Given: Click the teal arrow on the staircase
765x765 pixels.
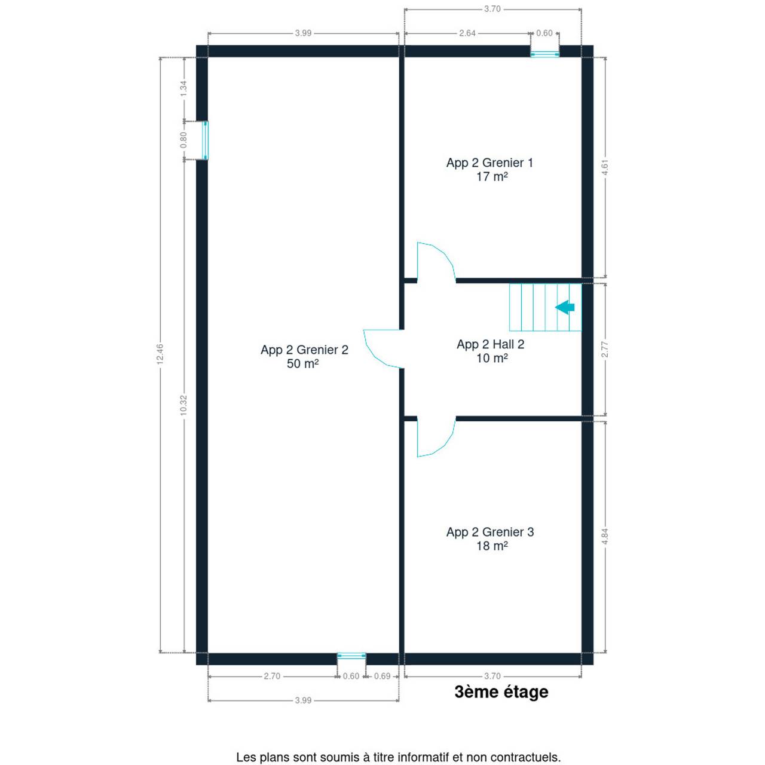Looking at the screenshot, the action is pyautogui.click(x=565, y=307).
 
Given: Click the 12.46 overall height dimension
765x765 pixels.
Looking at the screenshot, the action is pyautogui.click(x=160, y=354).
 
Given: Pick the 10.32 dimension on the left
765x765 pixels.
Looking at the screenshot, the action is pyautogui.click(x=183, y=406).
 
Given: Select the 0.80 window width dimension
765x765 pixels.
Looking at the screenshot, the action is pyautogui.click(x=183, y=140).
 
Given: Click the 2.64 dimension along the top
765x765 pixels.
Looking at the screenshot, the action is pyautogui.click(x=467, y=33).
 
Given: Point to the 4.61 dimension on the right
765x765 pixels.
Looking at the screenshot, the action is pyautogui.click(x=605, y=167).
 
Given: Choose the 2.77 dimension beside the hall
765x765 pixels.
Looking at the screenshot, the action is pyautogui.click(x=605, y=350).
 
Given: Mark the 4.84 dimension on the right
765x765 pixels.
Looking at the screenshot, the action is pyautogui.click(x=605, y=537).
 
